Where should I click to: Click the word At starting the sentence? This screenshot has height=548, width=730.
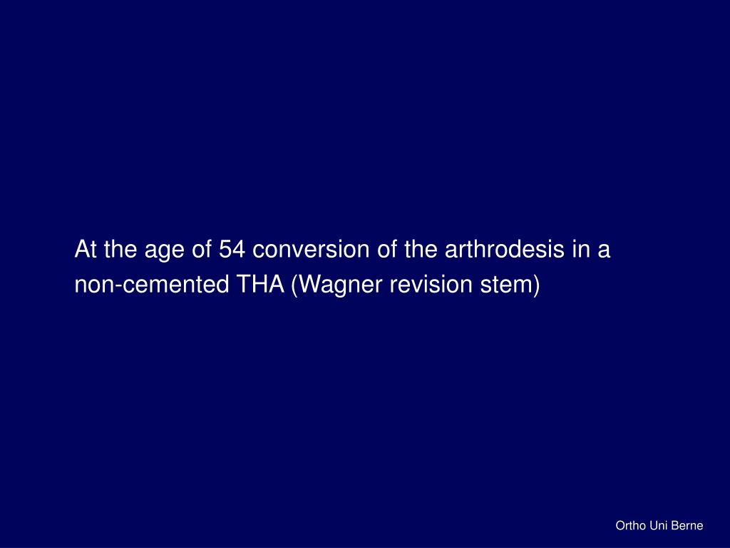tap(86, 250)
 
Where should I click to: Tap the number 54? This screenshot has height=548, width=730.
tap(231, 250)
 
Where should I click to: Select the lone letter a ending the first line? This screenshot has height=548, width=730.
tap(604, 252)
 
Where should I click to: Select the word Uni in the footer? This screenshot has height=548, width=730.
tap(659, 526)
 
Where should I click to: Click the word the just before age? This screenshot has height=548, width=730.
tap(118, 250)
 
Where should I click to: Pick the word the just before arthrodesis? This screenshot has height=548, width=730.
tap(424, 250)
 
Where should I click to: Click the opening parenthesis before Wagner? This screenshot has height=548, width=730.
tap(294, 285)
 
